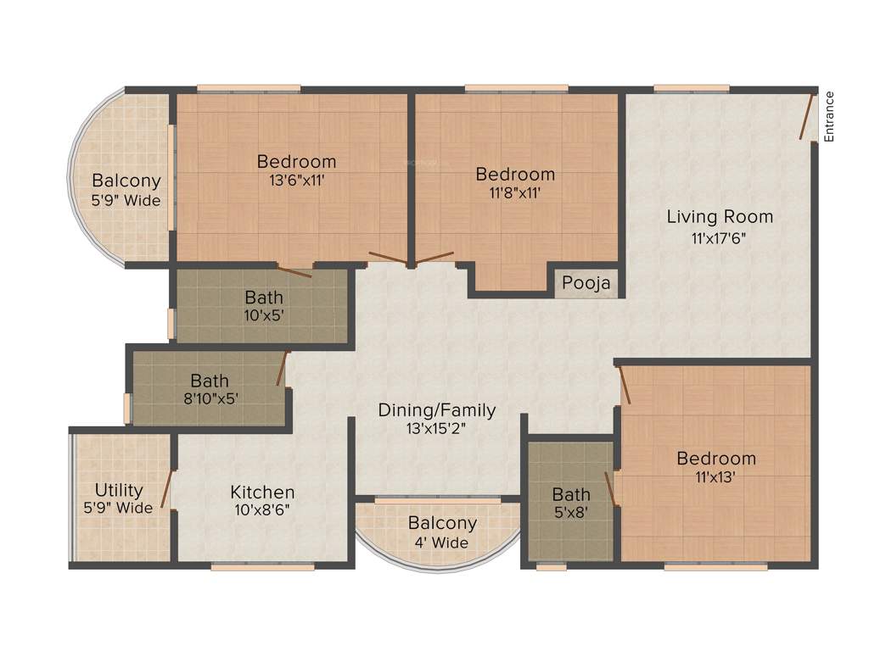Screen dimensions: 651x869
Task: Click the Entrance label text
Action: [x=829, y=116]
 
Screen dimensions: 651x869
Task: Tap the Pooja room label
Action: [x=586, y=283]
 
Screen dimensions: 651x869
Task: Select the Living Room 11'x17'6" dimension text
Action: [x=720, y=238]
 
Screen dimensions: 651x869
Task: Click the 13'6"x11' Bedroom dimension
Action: [x=296, y=180]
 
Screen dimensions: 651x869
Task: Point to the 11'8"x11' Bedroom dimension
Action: [x=515, y=192]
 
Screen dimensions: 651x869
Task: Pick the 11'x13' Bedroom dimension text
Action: [x=715, y=476]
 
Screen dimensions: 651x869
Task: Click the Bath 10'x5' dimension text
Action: [x=264, y=315]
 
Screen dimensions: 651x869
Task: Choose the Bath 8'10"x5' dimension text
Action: [x=210, y=398]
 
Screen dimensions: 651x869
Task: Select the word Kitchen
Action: [x=262, y=492]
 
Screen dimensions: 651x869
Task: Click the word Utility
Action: [x=119, y=490]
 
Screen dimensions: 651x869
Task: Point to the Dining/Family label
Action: [x=436, y=410]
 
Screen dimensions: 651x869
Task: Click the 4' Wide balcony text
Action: [x=442, y=542]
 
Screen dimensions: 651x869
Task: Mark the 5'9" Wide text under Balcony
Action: [x=126, y=201]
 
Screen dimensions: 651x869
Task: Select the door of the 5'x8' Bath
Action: [x=609, y=489]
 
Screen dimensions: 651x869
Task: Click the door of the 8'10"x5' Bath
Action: [x=283, y=369]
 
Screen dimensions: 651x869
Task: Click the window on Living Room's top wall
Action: [x=691, y=87]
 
